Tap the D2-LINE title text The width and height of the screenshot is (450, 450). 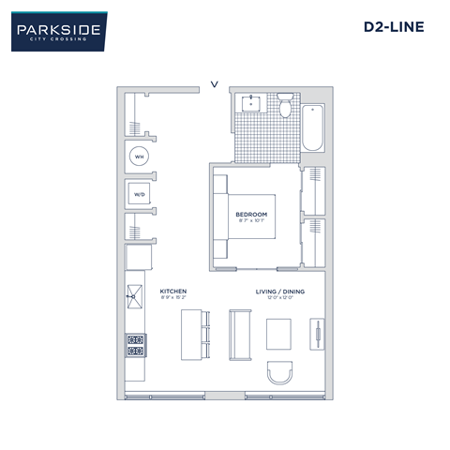coord(394,27)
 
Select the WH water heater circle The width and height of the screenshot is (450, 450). coord(139,157)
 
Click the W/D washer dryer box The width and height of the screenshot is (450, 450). coord(139,195)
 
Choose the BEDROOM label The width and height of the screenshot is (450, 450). coord(251,215)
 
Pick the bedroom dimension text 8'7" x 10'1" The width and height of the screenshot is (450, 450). coord(251,222)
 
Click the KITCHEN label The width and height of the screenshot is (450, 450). coord(173,291)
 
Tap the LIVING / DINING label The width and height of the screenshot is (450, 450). coord(280,291)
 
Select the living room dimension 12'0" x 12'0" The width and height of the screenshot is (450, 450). coord(280,298)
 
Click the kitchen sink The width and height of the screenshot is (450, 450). coord(134,300)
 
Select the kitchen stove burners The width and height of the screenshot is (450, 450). coord(134,346)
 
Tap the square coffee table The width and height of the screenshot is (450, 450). coord(280,334)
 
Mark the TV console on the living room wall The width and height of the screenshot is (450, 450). coord(318,334)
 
